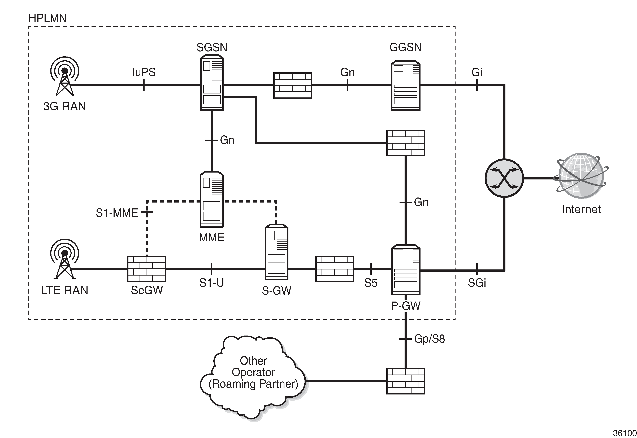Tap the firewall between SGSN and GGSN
tap(293, 85)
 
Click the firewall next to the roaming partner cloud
tap(405, 381)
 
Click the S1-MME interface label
tap(117, 213)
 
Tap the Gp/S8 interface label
tap(429, 339)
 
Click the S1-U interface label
tap(211, 283)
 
